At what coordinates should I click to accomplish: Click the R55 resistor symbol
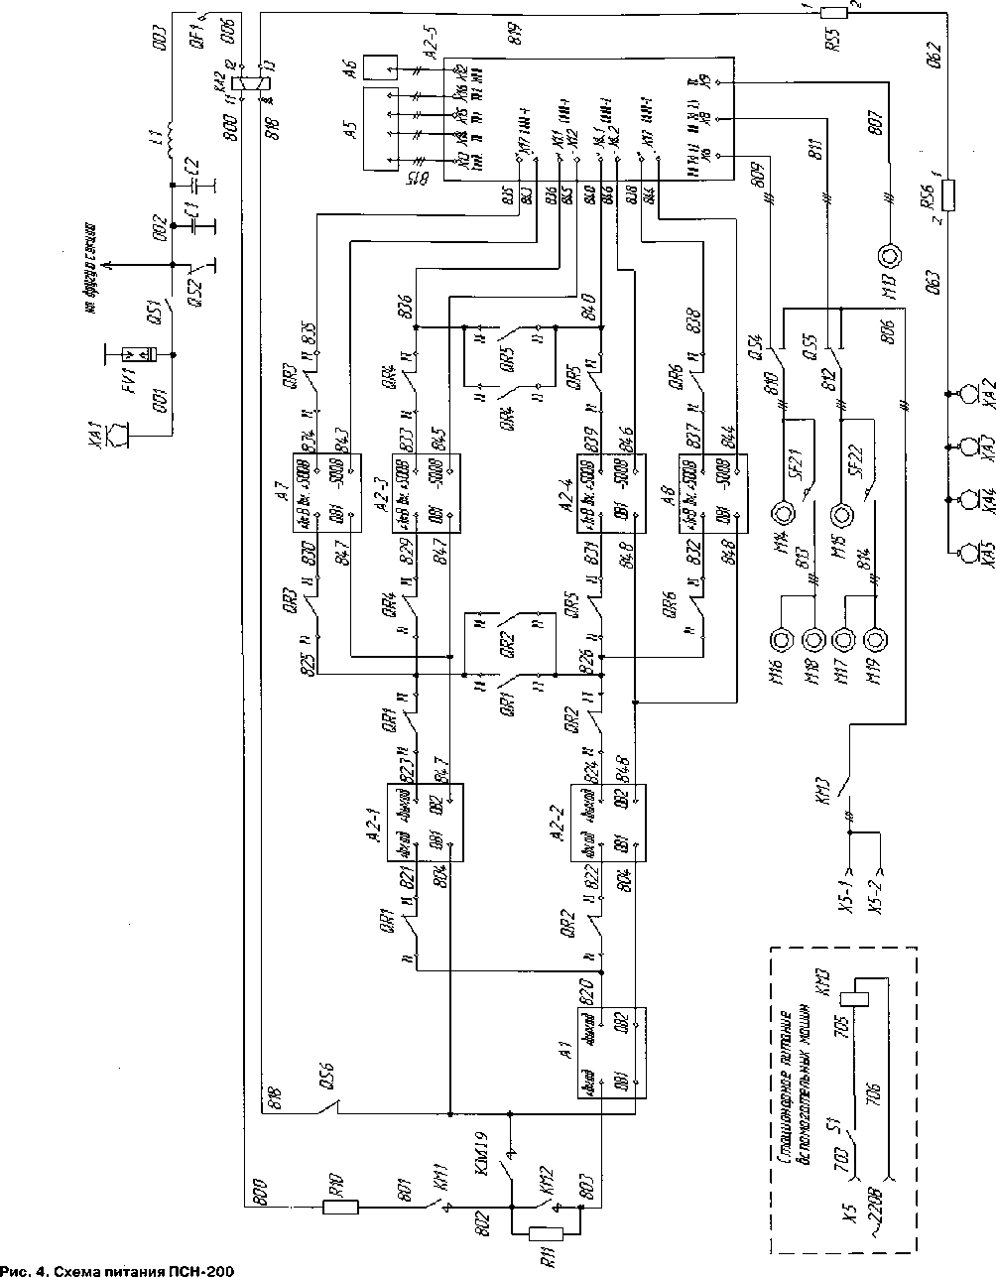(x=834, y=13)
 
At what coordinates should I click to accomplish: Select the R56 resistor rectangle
(x=950, y=194)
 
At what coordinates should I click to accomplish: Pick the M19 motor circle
(x=875, y=638)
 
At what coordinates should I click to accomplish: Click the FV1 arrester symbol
(x=134, y=354)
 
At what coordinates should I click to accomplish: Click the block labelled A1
(x=611, y=1054)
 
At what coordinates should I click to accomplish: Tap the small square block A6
(x=379, y=67)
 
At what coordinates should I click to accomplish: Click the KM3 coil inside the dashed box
(x=855, y=1005)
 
